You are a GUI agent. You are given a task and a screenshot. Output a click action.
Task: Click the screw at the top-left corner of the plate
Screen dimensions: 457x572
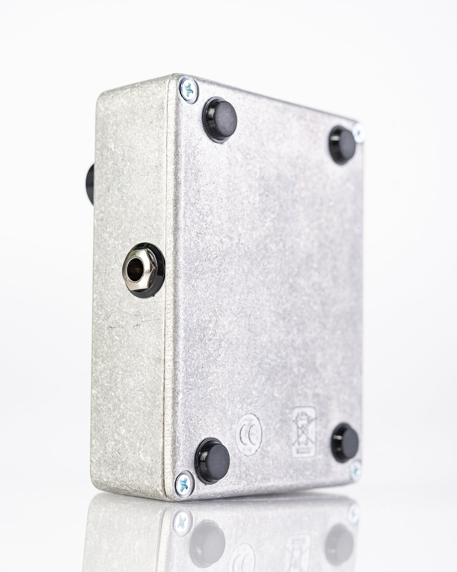(189, 90)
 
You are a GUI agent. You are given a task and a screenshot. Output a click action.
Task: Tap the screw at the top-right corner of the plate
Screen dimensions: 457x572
(358, 133)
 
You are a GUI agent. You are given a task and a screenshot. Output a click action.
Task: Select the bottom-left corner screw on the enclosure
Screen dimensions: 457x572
(185, 484)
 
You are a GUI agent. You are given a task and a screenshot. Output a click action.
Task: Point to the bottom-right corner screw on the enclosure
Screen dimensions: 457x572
(355, 470)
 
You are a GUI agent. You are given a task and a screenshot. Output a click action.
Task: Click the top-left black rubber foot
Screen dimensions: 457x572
(220, 120)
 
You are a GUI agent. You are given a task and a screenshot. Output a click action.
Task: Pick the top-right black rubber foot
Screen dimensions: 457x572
(342, 145)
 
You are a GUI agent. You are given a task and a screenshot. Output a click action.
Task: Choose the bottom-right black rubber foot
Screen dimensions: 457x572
(345, 443)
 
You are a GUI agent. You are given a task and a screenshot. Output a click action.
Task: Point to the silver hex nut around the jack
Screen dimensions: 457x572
(139, 270)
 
